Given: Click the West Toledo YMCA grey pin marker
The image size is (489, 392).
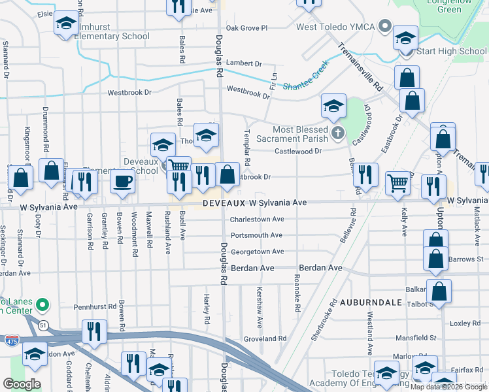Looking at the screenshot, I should (386, 27).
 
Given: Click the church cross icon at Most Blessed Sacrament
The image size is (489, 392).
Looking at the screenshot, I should (337, 133).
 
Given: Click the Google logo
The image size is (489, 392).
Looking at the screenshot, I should (22, 384).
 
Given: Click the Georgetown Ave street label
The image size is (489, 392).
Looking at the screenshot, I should (256, 252).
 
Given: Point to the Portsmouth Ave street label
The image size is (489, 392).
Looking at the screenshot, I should (256, 235).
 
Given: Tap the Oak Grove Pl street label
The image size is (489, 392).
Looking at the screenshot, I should (246, 28).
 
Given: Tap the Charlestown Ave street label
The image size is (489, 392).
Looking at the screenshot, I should (257, 220).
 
